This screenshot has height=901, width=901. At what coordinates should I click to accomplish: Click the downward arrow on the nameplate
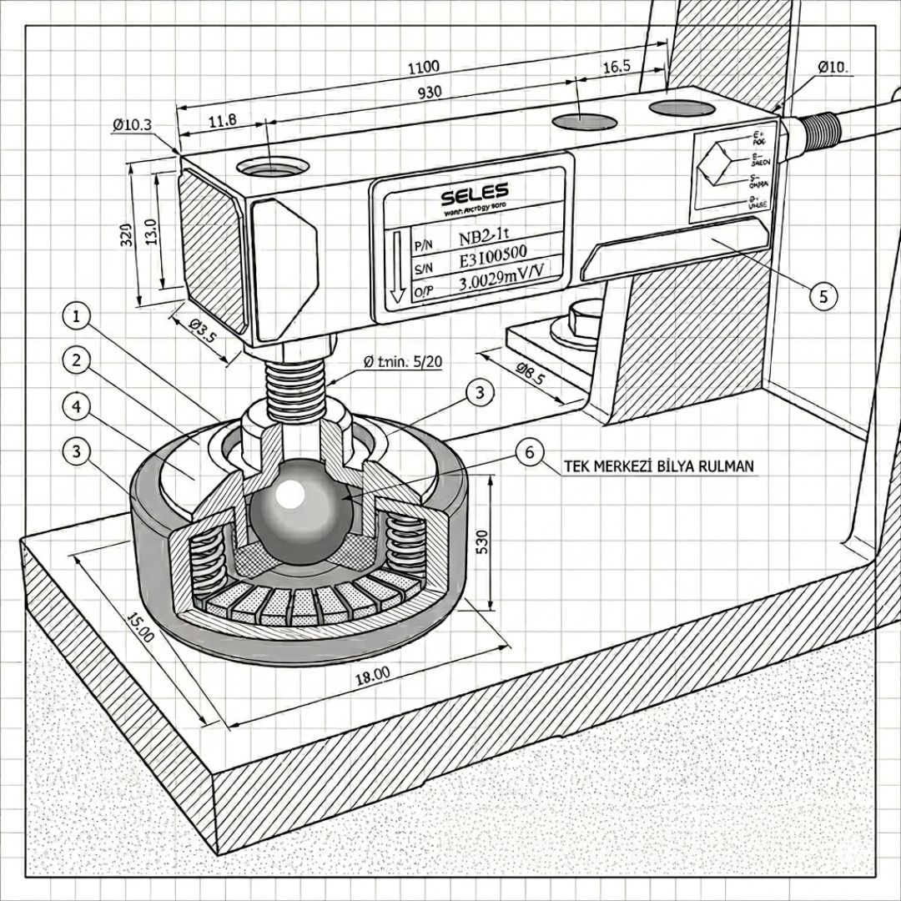(397, 266)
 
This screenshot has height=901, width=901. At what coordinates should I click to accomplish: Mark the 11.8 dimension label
(222, 120)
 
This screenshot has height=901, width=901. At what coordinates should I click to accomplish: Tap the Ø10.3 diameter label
(132, 125)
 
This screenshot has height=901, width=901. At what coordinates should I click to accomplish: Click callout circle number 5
(823, 294)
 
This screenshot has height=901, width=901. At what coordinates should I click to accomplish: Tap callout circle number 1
(77, 317)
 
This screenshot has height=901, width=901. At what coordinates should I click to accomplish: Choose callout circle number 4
(77, 406)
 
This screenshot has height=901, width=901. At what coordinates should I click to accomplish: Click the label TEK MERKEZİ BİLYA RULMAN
(659, 467)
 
